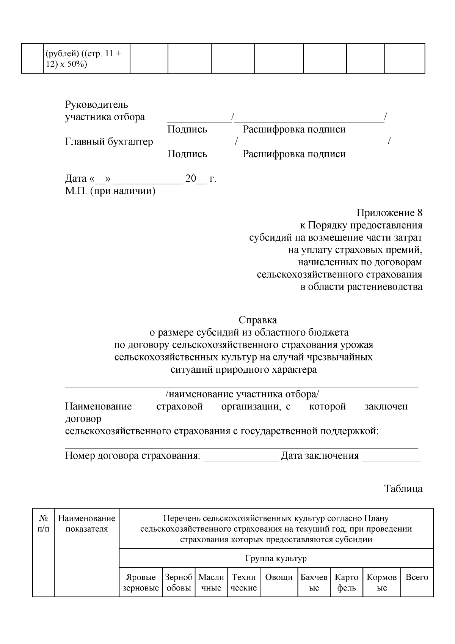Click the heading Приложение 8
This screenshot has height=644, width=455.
tap(389, 213)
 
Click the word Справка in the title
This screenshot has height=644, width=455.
tap(258, 320)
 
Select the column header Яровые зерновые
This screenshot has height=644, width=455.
tap(141, 583)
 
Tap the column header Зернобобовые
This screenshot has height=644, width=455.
tap(179, 583)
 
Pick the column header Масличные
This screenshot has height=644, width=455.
tap(211, 583)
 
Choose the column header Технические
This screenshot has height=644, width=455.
tap(244, 583)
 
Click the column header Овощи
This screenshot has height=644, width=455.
tap(279, 578)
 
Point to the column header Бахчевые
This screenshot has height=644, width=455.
tap(314, 583)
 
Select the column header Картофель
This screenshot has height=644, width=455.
tap(347, 583)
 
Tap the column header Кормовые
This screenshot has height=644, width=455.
tap(382, 583)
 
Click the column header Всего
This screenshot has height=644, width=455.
tap(417, 578)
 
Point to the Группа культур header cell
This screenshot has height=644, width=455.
tap(276, 559)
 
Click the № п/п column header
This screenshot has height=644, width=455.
tap(43, 524)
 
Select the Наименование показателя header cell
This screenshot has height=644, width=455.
tap(87, 524)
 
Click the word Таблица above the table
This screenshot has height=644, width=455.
tap(403, 488)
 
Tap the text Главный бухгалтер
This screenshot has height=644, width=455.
tap(109, 142)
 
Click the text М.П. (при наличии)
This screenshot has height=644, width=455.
tap(110, 191)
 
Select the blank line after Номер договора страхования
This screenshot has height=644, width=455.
tap(241, 457)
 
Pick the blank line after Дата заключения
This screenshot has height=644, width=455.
tap(391, 457)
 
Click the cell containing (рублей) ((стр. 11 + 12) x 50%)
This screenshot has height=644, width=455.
tap(86, 58)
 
